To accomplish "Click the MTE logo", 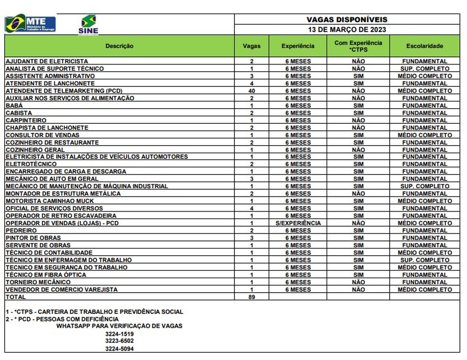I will coord(30,23).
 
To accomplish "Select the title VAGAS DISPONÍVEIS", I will coord(347,19).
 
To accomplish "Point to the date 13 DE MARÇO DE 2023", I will coord(347,29).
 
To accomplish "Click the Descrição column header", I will coord(119,46).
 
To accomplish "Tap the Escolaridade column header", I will coord(424,46).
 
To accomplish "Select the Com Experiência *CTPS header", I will coord(358,46).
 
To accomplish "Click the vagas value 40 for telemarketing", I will coord(252,91).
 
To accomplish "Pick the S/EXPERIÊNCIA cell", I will coord(298,223).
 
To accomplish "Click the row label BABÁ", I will coord(14,105).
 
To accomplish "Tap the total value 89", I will coord(252,297).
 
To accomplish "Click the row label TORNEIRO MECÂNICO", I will coord(37,282).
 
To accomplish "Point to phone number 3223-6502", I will coord(119,341).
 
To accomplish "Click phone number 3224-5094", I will coord(119,349).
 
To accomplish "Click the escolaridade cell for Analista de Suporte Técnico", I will coord(424,69).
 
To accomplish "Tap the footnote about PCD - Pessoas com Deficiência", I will coord(62,319).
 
